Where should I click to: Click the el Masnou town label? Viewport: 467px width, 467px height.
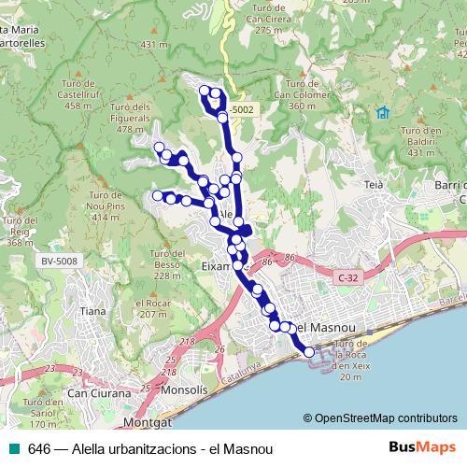323,328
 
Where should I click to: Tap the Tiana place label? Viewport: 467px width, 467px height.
92,310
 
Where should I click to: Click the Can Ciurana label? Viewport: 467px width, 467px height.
96,394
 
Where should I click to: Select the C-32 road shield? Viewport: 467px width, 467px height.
348,276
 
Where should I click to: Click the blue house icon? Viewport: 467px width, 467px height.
382,113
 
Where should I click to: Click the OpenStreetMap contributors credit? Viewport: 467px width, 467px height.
382,418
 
